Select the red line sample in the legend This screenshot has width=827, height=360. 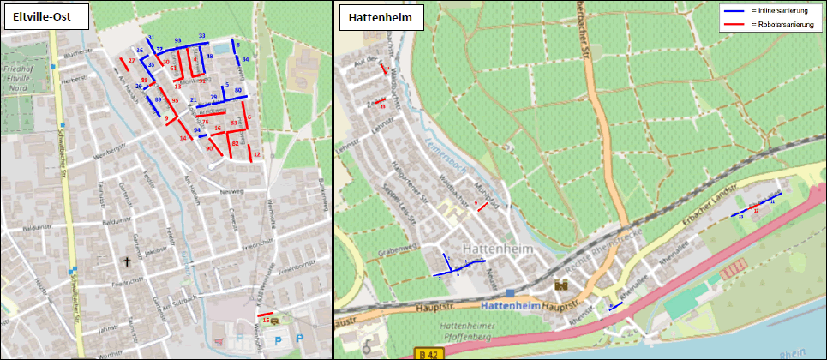pos(734,25)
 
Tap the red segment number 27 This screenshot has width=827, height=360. pos(131,61)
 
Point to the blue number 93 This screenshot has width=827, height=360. pos(177,40)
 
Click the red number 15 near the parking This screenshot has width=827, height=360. pos(267,320)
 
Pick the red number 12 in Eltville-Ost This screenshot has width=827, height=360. pos(257,154)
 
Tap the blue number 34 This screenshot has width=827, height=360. pos(246,59)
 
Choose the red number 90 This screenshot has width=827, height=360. pos(209,149)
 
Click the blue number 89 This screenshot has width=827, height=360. pos(158,99)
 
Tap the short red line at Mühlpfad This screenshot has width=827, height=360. pos(482,207)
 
